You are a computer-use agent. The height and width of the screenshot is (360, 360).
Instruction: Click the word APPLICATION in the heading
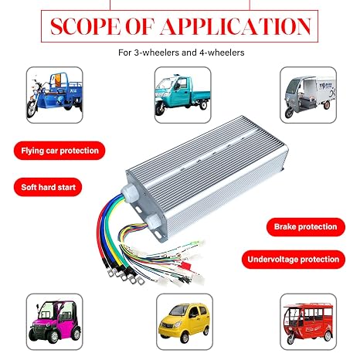pyautogui.click(x=236, y=26)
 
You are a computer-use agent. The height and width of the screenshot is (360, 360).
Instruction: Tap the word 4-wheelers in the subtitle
pyautogui.click(x=222, y=53)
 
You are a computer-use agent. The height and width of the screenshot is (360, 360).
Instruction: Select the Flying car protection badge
pyautogui.click(x=59, y=151)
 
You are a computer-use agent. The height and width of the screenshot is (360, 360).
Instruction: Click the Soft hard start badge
pyautogui.click(x=48, y=187)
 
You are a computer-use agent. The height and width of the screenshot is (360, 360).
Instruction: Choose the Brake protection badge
pyautogui.click(x=306, y=227)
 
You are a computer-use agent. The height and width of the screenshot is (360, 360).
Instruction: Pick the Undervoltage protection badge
pyautogui.click(x=294, y=260)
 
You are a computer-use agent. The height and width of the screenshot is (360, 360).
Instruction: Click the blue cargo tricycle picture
pyautogui.click(x=55, y=95)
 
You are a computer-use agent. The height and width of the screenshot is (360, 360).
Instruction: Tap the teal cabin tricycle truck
pyautogui.click(x=183, y=95)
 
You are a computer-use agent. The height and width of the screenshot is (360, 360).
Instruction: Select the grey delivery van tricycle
pyautogui.click(x=308, y=95)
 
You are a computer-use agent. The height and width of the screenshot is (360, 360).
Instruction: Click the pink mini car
pyautogui.click(x=55, y=322)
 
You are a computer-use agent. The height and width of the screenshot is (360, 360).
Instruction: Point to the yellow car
pyautogui.click(x=185, y=322)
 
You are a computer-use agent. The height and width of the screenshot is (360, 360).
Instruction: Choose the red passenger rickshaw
pyautogui.click(x=308, y=322)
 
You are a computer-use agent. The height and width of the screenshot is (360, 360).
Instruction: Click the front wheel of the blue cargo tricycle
pyautogui.click(x=32, y=109)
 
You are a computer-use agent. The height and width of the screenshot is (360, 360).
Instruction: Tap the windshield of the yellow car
pyautogui.click(x=178, y=311)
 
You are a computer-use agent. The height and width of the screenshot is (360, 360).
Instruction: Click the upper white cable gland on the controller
pyautogui.click(x=130, y=193)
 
